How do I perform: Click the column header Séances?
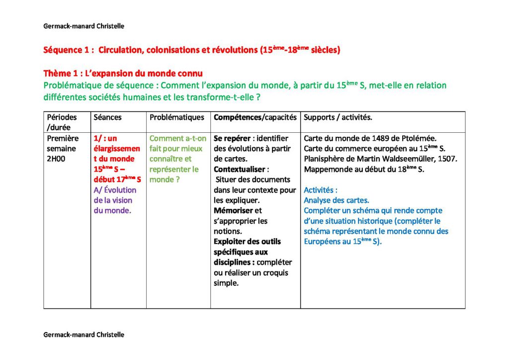pyautogui.click(x=107, y=117)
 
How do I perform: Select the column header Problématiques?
pyautogui.click(x=177, y=117)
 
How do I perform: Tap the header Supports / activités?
pyautogui.click(x=338, y=117)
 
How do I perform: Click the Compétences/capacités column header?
pyautogui.click(x=255, y=117)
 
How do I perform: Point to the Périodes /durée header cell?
pyautogui.click(x=62, y=122)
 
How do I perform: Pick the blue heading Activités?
pyautogui.click(x=321, y=190)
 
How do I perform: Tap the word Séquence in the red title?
pyautogui.click(x=62, y=50)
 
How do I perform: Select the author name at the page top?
pyautogui.click(x=84, y=26)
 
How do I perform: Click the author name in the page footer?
pyautogui.click(x=84, y=335)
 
